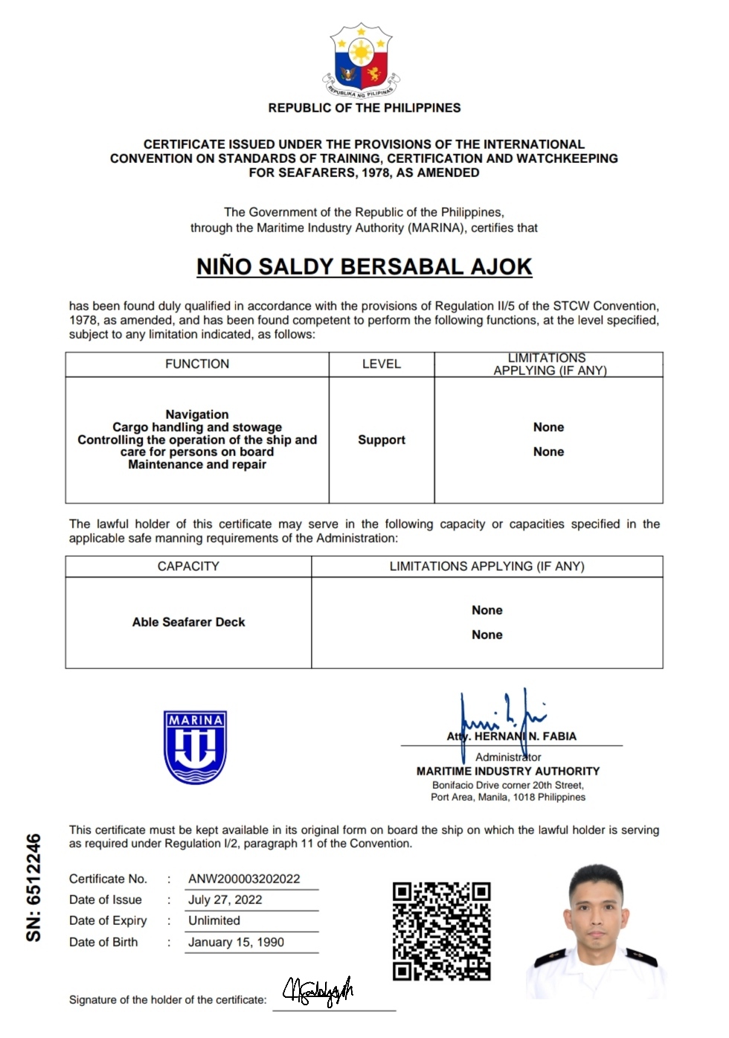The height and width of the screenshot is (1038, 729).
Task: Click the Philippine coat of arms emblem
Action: [362, 61]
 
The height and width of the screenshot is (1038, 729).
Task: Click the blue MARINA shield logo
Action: [195, 746]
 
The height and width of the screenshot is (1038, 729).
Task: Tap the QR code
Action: [441, 931]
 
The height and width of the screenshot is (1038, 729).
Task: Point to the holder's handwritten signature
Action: [318, 991]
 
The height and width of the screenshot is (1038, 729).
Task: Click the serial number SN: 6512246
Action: [33, 887]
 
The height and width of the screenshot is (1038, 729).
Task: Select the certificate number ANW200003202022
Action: [244, 879]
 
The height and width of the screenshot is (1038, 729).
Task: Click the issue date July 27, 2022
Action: [225, 900]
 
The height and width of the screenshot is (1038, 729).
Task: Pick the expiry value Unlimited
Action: [214, 920]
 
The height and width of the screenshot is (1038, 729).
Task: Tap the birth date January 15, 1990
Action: [236, 942]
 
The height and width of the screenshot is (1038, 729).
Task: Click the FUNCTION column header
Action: [197, 364]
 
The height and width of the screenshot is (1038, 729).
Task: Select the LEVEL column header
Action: [382, 364]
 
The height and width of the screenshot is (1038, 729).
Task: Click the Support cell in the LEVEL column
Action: [382, 440]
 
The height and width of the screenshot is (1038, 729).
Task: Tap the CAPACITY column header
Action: [188, 566]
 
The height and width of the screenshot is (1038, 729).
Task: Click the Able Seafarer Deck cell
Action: [188, 622]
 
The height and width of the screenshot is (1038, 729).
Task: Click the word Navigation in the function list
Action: [197, 414]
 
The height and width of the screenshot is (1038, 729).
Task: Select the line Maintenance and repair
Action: [197, 464]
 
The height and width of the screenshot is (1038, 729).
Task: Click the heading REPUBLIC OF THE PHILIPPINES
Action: [364, 108]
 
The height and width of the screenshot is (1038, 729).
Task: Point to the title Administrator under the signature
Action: [508, 757]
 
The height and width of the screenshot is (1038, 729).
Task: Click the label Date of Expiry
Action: [108, 920]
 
